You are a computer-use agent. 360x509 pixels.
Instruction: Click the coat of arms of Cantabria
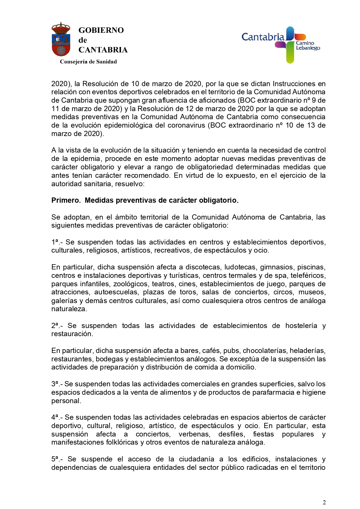61,39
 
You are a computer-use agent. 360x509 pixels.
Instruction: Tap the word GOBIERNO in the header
101,30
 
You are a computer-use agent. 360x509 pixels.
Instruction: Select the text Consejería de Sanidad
88,62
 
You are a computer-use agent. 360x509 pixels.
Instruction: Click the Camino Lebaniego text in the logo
307,46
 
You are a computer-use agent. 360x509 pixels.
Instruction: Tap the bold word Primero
66,200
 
